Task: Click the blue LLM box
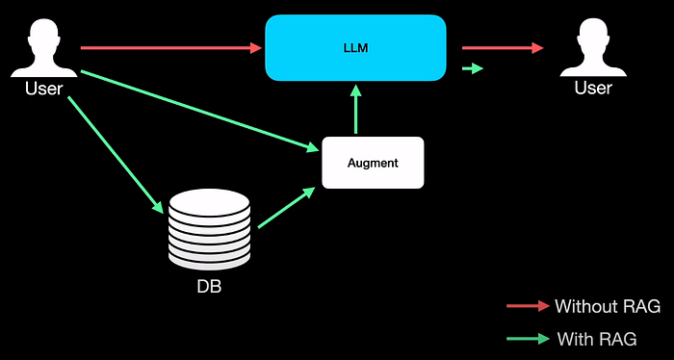point(355,48)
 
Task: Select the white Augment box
point(373,163)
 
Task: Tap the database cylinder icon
point(209,230)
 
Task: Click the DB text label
point(209,287)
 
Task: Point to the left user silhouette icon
point(44,48)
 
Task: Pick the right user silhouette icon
point(593,48)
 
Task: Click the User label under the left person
point(44,89)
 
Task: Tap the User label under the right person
point(593,88)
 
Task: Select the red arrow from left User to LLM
point(171,48)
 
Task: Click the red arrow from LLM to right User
point(503,48)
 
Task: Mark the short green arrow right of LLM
point(473,68)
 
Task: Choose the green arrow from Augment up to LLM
point(356,109)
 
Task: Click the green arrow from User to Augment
point(200,111)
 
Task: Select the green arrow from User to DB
point(116,155)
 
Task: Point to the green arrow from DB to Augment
point(287,208)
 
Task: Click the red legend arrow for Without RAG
point(529,306)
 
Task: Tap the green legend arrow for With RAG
point(529,339)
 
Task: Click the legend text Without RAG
point(608,306)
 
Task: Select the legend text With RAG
point(597,339)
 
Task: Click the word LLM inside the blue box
point(356,48)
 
